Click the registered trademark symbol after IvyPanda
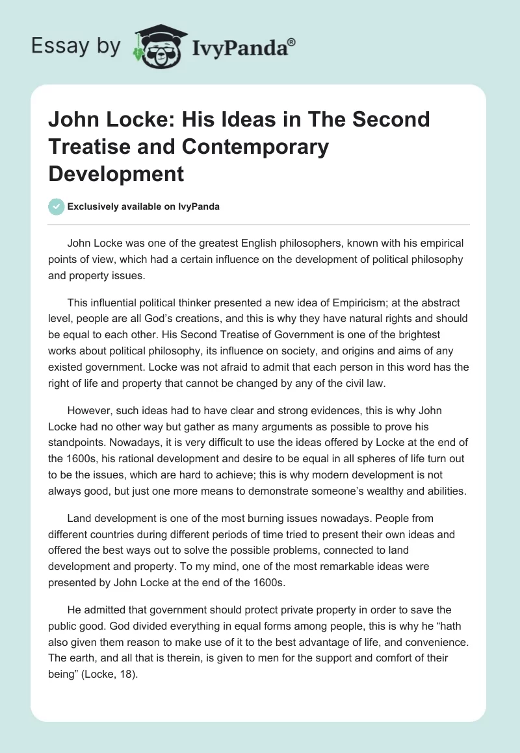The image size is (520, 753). tap(292, 41)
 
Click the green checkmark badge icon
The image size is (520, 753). tap(56, 206)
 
